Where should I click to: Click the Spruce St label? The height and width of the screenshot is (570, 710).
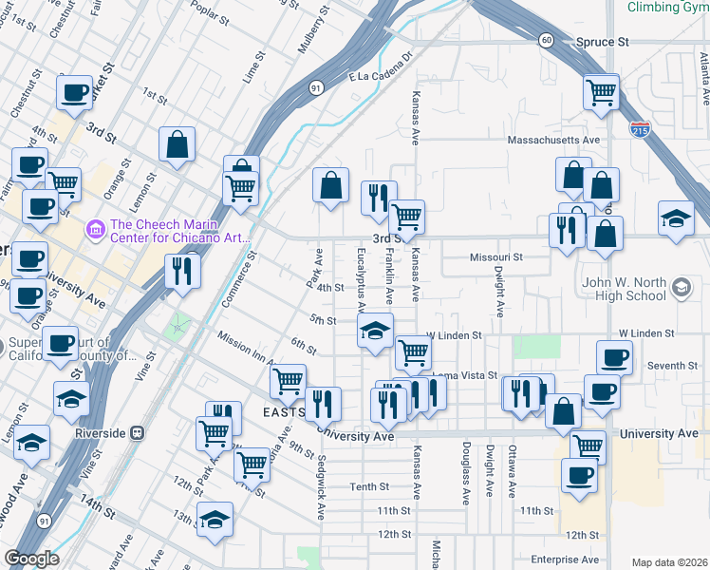point(603,43)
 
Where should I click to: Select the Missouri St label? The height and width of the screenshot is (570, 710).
point(496,257)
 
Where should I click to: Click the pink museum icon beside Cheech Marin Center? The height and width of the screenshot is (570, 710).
point(95,229)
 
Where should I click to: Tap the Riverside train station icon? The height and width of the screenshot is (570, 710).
point(138,432)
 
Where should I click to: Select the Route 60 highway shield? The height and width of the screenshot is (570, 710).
point(545,40)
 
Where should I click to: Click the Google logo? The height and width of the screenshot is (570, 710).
point(31,559)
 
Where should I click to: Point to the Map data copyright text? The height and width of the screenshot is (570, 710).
point(669,562)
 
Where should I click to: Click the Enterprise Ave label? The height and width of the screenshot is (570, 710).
point(566,560)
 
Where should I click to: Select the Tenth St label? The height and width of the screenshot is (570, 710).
point(369,486)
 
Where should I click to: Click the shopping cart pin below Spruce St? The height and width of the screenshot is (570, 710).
point(601,93)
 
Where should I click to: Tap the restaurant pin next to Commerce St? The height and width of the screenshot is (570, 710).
point(180,271)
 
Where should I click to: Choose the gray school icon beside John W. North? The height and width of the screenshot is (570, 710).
point(681,287)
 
